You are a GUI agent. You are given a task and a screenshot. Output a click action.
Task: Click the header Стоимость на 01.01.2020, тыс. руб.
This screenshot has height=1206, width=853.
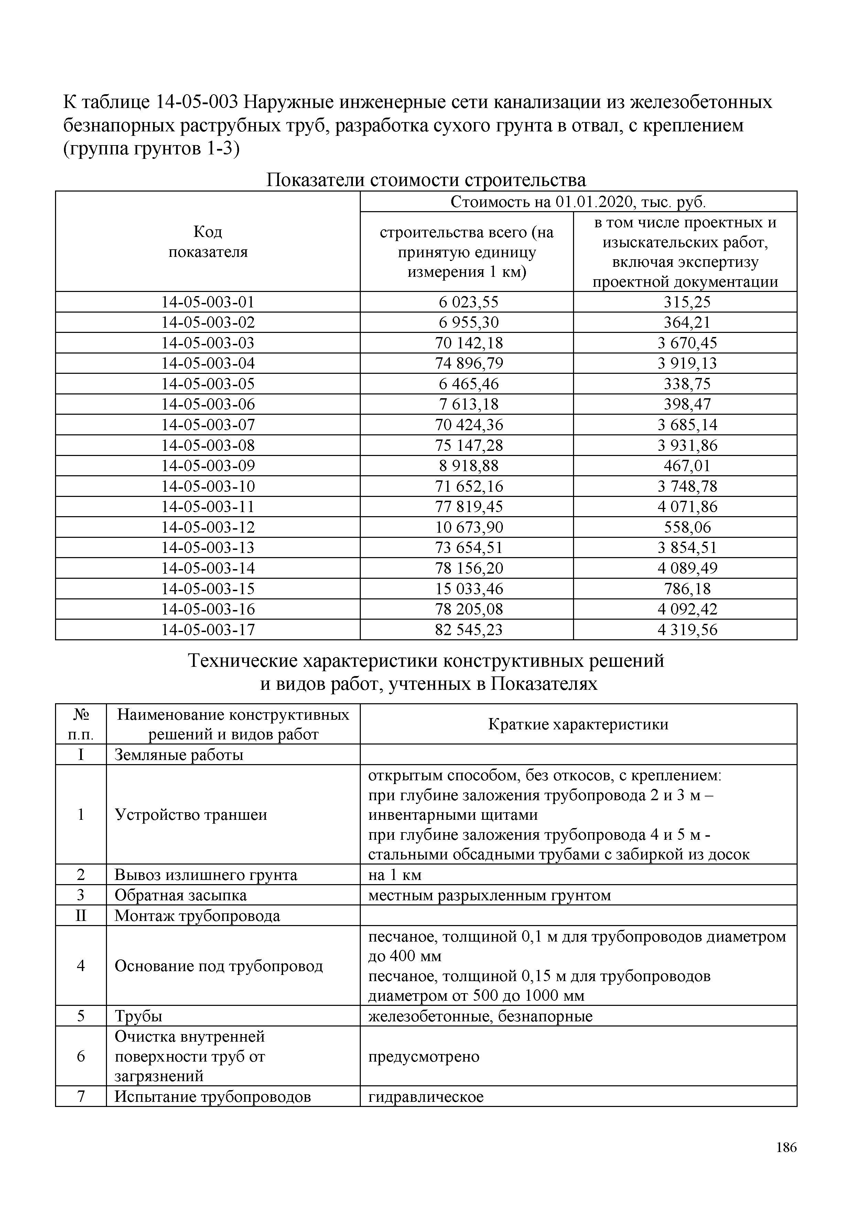578,202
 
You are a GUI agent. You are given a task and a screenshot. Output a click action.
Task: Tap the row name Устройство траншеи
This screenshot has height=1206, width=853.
191,815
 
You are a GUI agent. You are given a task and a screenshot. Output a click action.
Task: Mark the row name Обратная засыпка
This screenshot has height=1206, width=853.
180,895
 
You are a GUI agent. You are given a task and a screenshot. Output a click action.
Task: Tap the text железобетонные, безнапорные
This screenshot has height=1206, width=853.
480,1017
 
